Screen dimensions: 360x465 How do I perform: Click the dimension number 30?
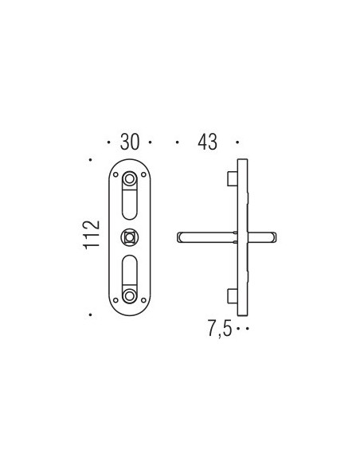coord(130,142)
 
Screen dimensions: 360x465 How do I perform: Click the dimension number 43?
coord(207,142)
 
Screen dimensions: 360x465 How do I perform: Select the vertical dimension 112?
coord(92,235)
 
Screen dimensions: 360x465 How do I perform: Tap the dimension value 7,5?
coord(219,329)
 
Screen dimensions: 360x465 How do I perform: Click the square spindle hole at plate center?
coord(130,237)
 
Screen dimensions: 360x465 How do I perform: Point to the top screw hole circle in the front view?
coord(130,179)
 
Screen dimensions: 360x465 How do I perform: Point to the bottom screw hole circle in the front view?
coord(130,295)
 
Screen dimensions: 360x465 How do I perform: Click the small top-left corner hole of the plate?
coord(115,174)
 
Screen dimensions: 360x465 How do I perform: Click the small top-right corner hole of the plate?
coord(143,174)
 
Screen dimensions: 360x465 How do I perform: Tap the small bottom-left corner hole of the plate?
coord(115,300)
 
